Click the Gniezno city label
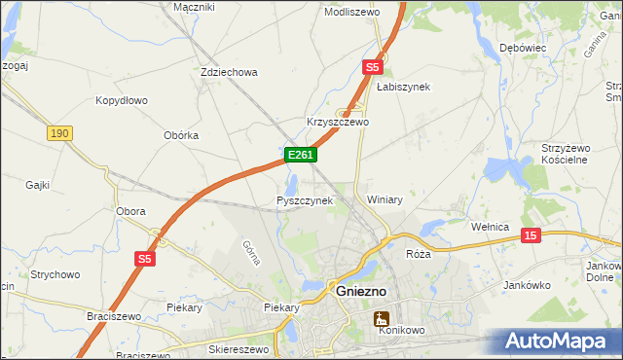click(x=363, y=291)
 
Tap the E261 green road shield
click(x=299, y=155)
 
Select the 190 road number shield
click(x=59, y=132)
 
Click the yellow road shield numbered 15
click(x=531, y=235)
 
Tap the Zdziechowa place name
click(x=228, y=73)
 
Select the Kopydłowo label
click(x=121, y=100)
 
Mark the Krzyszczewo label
click(x=338, y=123)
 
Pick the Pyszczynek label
click(x=305, y=200)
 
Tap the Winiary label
click(x=385, y=199)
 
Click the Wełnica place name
click(x=491, y=227)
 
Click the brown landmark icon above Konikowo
click(x=382, y=318)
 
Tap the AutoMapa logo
click(x=563, y=341)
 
